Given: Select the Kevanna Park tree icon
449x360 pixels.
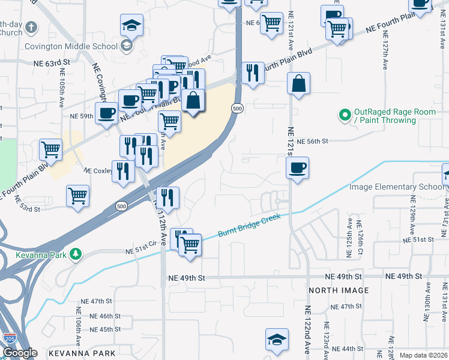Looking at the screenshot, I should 75,254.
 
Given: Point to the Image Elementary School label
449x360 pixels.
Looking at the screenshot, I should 397,187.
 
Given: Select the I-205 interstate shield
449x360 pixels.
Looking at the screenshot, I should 10,340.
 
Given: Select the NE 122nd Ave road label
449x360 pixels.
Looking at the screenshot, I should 308,330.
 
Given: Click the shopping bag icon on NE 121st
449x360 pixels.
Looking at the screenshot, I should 298,85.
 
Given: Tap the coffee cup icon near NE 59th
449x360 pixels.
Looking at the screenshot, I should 107,112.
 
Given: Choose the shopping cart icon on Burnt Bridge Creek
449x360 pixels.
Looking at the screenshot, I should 190,244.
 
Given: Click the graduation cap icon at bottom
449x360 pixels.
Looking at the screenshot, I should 277,340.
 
